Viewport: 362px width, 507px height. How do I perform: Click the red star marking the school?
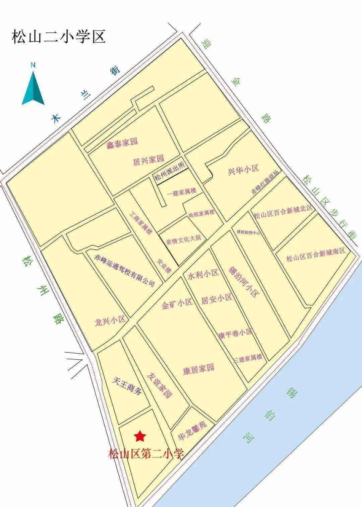140,436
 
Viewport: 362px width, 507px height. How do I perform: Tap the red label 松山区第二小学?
146,454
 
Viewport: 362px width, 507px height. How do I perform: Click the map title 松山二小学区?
59,37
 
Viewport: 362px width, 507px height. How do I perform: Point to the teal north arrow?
33,85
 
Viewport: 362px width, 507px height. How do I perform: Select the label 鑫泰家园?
122,143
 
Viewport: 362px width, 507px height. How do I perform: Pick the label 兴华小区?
244,169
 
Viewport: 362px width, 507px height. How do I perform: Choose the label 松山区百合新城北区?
283,212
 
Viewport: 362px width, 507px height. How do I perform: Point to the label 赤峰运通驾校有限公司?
124,271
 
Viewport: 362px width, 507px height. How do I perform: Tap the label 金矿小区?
177,304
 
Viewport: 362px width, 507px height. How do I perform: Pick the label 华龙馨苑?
193,430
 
